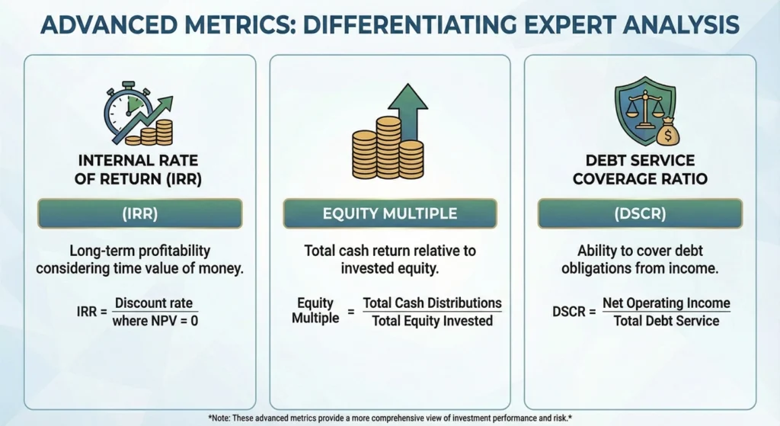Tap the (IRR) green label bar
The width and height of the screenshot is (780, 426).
coord(139,214)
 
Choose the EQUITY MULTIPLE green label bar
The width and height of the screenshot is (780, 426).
coord(389,214)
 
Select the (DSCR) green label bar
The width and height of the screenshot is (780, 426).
coord(640,214)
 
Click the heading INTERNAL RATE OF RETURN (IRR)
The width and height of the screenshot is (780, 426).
coord(139,170)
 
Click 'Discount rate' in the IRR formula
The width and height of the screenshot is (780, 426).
coord(155,303)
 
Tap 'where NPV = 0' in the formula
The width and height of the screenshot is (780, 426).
coord(155,321)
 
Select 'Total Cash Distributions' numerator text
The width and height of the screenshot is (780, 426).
coord(432,303)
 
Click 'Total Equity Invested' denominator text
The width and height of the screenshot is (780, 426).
coord(432,321)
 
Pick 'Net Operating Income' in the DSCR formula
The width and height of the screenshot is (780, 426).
coord(666,303)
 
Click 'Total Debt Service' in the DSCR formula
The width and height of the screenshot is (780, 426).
coord(666,321)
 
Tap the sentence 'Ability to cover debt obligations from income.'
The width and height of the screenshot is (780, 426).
coord(639,259)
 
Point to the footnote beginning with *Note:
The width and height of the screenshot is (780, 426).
coord(389,418)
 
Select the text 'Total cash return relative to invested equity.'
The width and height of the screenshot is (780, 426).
coord(389,259)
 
